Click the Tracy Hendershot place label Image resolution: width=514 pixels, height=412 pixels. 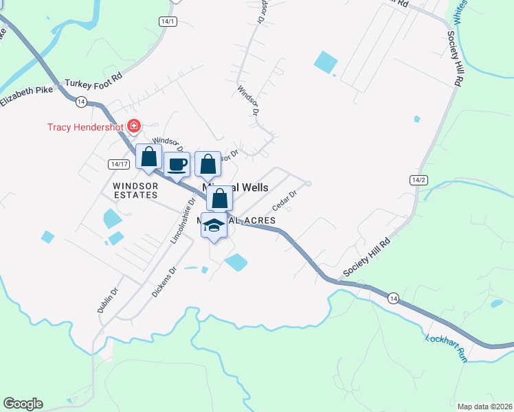85,127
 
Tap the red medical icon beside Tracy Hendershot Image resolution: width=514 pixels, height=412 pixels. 133,126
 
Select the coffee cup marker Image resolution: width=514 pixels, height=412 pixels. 177,165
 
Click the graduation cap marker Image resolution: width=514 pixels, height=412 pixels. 214,225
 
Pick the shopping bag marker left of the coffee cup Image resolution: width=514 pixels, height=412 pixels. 148,157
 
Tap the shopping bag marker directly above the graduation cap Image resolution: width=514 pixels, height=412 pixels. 220,199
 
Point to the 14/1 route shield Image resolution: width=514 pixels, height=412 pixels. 167,21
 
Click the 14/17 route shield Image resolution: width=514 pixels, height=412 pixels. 119,164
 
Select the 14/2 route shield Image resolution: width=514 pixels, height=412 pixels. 418,180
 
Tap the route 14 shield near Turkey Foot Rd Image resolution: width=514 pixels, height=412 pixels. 81,102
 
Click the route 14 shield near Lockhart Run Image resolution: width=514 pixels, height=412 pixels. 392,298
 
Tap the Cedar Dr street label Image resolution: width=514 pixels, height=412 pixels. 284,201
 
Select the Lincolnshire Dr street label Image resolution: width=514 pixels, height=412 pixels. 180,221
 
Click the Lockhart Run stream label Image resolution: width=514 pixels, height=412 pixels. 447,348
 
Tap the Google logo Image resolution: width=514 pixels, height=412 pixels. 23,404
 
